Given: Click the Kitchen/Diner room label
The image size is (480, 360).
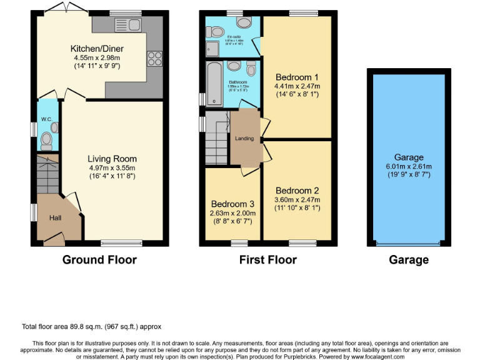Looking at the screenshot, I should click(x=97, y=48).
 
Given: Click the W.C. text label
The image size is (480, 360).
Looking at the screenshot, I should click(x=46, y=118).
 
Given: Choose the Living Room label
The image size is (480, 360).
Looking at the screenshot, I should click(x=112, y=159).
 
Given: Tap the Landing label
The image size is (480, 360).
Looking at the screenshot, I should click(x=244, y=138).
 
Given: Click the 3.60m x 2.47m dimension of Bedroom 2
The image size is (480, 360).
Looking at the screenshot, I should click(x=297, y=199).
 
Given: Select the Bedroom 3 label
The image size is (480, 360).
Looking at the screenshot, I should click(x=232, y=204).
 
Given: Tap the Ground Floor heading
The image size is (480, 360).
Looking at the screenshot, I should click(x=99, y=259).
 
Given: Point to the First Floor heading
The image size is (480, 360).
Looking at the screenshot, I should click(x=268, y=259).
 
